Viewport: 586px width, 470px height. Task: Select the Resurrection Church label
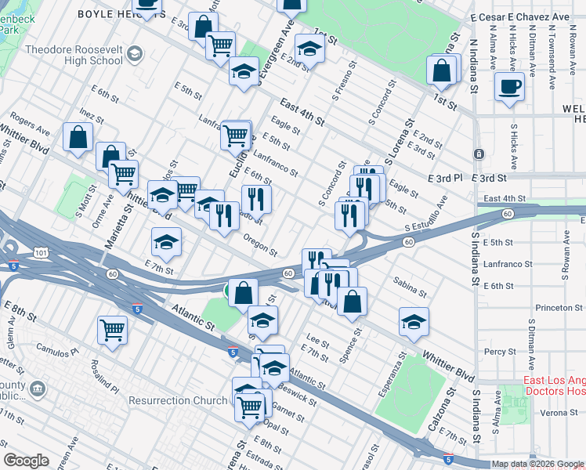[179, 400]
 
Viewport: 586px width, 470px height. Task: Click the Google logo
[26, 461]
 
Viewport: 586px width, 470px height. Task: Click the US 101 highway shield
[42, 252]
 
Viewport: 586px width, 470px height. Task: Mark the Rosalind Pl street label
[103, 377]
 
